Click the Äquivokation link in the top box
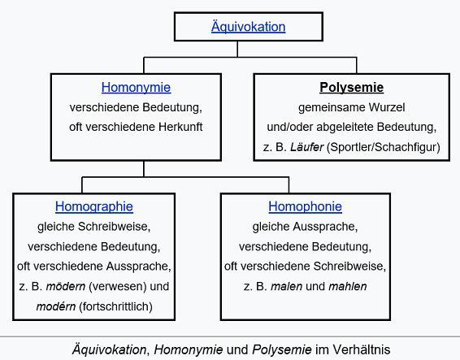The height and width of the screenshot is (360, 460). point(248,27)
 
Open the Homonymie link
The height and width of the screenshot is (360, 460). point(136,88)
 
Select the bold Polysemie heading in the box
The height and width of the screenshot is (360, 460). point(351,88)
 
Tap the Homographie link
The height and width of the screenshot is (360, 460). point(94,206)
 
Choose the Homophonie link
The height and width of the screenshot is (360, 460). point(305,206)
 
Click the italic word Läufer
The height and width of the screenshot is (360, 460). point(307,147)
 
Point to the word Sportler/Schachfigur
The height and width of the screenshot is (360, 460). point(384,147)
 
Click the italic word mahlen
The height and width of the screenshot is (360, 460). point(348,286)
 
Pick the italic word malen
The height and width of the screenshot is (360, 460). point(286,286)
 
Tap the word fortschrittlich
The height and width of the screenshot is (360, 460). point(115,306)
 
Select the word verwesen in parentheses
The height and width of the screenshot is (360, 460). point(117,286)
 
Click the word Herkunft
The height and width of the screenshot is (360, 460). point(180,127)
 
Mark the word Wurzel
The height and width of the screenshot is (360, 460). point(387,107)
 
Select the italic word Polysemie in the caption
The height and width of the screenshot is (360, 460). point(282,349)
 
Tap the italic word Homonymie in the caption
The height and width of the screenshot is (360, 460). point(189,349)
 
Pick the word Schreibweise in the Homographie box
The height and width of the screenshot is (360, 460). point(112,227)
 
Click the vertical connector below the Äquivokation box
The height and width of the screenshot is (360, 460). point(237,49)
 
